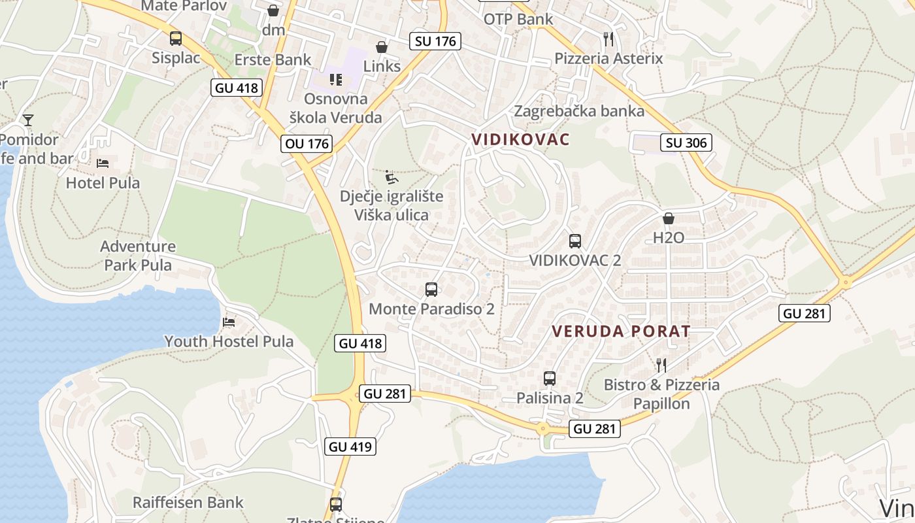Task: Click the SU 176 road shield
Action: [436, 41]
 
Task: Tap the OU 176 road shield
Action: [307, 143]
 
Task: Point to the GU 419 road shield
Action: [350, 447]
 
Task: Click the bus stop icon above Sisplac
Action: [176, 38]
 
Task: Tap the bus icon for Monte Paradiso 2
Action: [431, 289]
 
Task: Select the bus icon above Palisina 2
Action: [550, 378]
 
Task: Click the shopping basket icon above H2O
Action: [669, 218]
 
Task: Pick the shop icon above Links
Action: [382, 47]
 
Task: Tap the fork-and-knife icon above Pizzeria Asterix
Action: [608, 39]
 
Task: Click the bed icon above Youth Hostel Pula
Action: [229, 322]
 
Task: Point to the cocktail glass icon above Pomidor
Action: [28, 120]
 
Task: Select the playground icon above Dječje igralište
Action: [391, 177]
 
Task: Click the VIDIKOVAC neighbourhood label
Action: [521, 139]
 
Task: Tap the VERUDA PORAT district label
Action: [621, 331]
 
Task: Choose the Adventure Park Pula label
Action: [138, 256]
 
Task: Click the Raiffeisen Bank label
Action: [188, 502]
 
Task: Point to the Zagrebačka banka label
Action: [579, 110]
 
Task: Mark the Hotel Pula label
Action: [103, 182]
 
